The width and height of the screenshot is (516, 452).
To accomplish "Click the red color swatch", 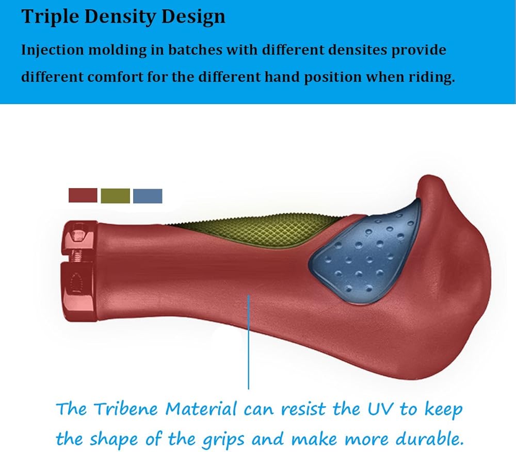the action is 83,195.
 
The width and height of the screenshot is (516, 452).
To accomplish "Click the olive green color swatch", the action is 115,196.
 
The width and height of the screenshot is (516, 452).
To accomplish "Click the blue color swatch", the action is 148,196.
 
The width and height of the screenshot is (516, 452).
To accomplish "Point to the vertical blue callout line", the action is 249,342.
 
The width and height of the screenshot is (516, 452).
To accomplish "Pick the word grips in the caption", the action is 223,441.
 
